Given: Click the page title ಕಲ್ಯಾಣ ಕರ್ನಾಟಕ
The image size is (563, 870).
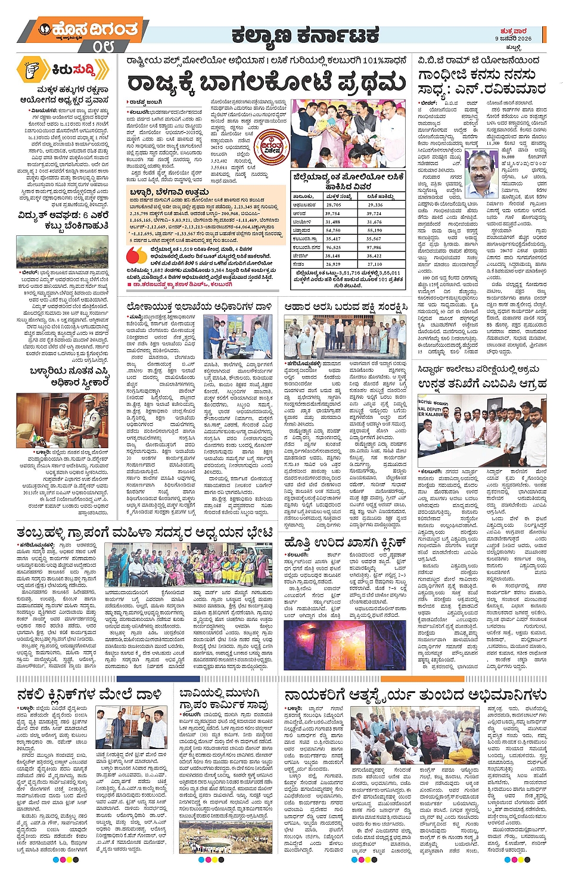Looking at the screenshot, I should [305, 36].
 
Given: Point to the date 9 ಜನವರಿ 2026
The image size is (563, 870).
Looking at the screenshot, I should [513, 38].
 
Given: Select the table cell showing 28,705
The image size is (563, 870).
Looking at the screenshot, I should [333, 204].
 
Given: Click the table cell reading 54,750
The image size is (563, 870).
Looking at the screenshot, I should [333, 230].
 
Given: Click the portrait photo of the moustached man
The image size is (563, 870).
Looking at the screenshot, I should [481, 174].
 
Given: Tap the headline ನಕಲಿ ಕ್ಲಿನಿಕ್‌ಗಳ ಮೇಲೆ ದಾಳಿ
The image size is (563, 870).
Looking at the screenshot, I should [89, 694].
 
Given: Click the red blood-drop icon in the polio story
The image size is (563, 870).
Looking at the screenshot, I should [136, 255].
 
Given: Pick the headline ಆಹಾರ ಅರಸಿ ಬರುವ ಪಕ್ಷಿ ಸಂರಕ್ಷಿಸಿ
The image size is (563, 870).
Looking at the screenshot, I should [346, 306].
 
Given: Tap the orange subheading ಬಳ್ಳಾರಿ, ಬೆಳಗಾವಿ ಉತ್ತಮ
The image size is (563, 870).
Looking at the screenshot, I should [169, 191].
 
